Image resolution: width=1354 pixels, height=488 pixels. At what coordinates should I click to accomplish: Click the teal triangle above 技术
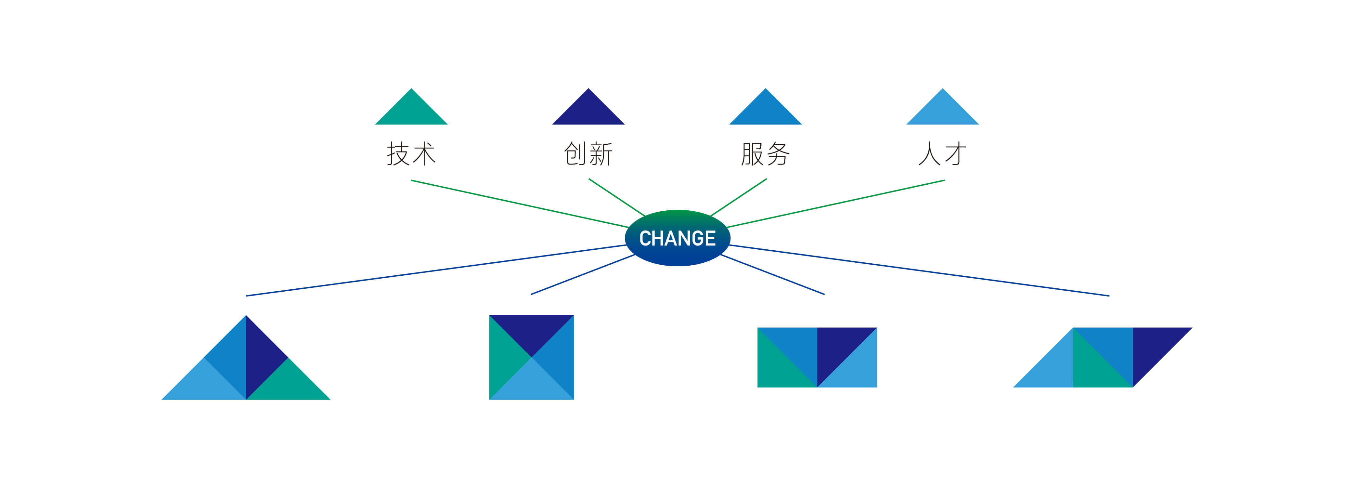[x=411, y=112]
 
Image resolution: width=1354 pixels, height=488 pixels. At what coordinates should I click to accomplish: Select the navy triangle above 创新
[x=588, y=112]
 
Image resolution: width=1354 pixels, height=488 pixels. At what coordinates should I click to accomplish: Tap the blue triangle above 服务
[x=765, y=112]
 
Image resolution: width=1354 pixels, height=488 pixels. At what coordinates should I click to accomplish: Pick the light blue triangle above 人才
[x=942, y=112]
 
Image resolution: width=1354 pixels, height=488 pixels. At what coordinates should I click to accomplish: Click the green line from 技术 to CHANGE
[x=520, y=204]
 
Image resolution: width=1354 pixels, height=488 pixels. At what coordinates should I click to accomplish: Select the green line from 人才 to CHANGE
[x=835, y=204]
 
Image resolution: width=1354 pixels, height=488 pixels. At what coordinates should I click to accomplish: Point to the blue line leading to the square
[x=583, y=274]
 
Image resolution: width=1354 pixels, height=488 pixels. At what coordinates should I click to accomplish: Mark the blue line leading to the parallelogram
[x=919, y=270]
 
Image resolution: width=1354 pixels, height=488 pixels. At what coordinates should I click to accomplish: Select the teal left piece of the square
[x=504, y=358]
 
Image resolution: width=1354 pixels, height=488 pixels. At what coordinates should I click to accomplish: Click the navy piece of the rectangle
[x=837, y=348]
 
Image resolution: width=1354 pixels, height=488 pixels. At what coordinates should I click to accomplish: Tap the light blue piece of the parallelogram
[x=1053, y=368]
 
